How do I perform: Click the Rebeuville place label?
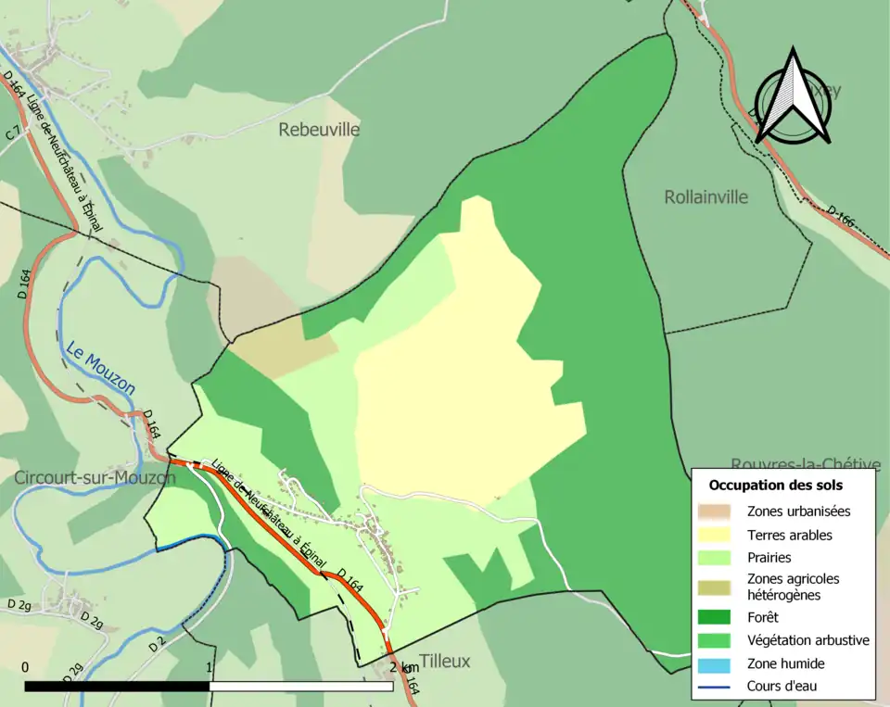point(319,130)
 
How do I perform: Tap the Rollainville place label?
point(706,197)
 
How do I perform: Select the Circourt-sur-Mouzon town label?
point(95,478)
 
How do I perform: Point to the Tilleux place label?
point(444,661)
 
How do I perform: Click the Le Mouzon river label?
point(100,367)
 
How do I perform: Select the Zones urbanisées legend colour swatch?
point(714,511)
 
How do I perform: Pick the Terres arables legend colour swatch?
point(714,535)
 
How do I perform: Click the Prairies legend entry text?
point(769,558)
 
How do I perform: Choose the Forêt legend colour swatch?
point(714,617)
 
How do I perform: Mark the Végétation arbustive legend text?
point(807,640)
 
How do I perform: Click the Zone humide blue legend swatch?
point(714,663)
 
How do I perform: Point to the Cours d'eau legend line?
point(714,687)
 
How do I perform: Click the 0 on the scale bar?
point(24,667)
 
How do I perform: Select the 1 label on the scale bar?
point(210,667)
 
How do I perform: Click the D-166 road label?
point(840,219)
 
